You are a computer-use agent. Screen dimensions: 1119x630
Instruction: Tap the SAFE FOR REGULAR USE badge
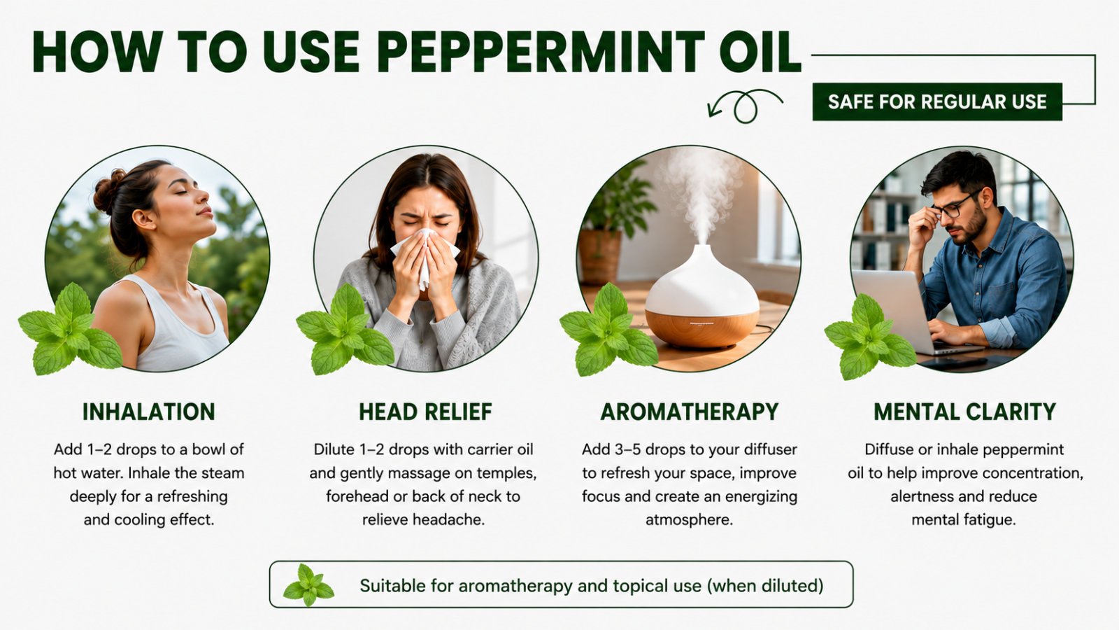(937, 101)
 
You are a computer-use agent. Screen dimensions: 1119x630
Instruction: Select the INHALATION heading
(149, 412)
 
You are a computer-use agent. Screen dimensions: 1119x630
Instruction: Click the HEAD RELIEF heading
(426, 412)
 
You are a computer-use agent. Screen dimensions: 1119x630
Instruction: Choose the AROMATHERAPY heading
(690, 412)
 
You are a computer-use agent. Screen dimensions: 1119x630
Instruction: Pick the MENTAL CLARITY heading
(965, 412)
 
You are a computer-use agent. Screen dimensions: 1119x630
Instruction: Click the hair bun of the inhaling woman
(109, 190)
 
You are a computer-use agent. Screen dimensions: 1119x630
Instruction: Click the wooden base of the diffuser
(702, 328)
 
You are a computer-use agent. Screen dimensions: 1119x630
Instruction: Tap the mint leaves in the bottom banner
(308, 584)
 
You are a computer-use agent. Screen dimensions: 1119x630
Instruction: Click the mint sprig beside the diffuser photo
(608, 330)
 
